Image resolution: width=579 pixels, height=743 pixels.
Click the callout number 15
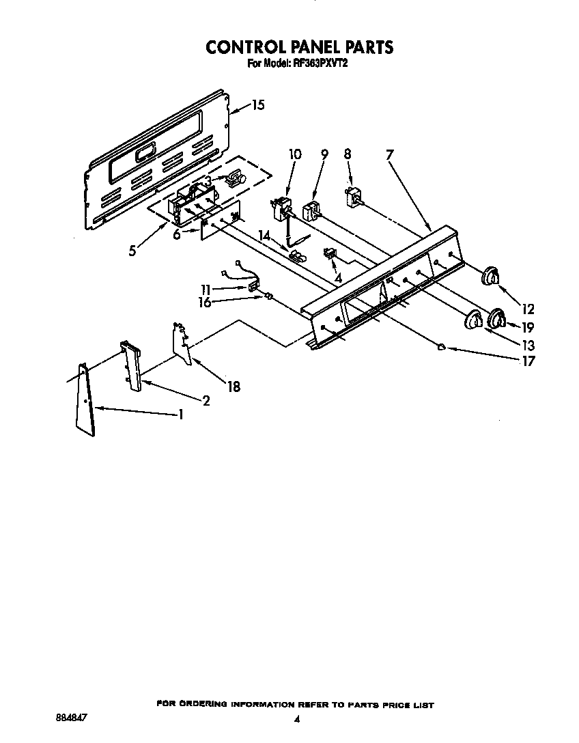(x=257, y=105)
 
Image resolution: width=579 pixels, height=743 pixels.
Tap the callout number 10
(x=294, y=154)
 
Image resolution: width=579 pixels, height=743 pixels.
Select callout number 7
(x=389, y=154)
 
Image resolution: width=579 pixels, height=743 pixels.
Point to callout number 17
(x=528, y=361)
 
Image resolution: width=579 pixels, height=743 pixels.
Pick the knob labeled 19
(x=497, y=318)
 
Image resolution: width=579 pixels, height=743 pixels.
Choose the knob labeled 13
(x=472, y=320)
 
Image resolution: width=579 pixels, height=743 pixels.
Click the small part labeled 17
(x=442, y=347)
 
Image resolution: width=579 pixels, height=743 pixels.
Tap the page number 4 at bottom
(x=296, y=719)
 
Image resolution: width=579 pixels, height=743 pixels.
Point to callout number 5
(x=132, y=250)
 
